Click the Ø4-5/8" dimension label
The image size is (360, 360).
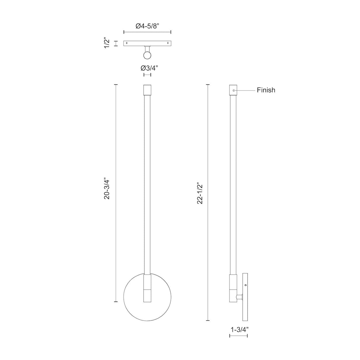coord(147,26)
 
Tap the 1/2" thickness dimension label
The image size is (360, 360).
coord(107,44)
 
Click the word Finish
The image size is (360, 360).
coord(266,90)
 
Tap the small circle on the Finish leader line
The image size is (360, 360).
coord(234,90)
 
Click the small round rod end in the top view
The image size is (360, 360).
coord(147,55)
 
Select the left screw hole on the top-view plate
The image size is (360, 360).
coord(127,43)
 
